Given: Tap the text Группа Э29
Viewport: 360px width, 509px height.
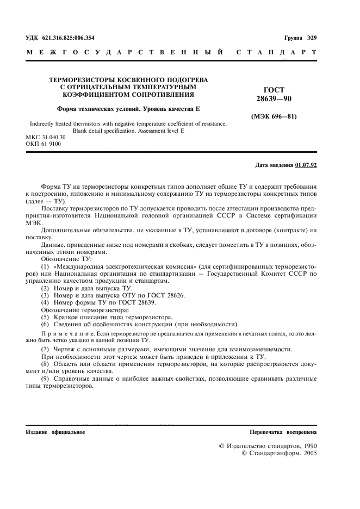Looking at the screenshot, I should [300, 38].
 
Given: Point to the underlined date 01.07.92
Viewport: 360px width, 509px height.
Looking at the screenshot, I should [306, 165].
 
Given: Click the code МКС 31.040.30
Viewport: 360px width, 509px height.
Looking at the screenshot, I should [46, 138].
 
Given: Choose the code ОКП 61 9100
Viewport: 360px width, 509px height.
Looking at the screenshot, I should [44, 144].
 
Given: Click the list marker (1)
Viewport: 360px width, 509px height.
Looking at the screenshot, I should [46, 267].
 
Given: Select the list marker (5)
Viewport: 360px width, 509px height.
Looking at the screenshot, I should [46, 316].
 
